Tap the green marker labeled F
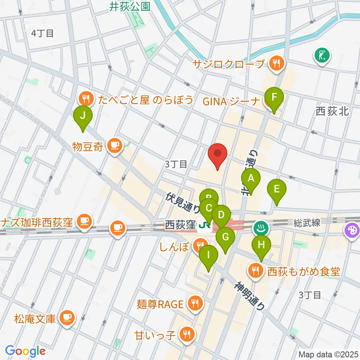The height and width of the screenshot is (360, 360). (x=274, y=98)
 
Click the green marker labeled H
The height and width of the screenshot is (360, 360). (x=261, y=246)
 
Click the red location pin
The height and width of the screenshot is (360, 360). (x=219, y=154)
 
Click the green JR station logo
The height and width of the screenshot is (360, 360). (x=204, y=226)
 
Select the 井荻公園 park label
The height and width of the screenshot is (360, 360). (x=130, y=6)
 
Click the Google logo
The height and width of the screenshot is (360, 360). (x=25, y=351)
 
